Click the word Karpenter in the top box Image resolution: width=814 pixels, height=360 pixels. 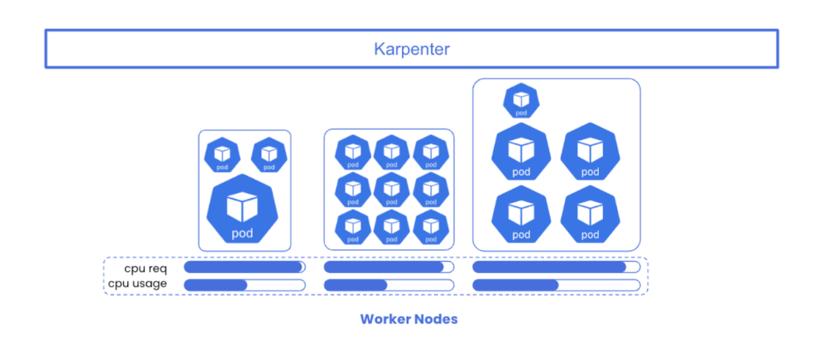click(x=411, y=49)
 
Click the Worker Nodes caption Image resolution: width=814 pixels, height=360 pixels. click(x=408, y=319)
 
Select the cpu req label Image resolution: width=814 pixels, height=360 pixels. click(x=145, y=268)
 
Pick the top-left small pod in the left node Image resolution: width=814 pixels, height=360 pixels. click(x=222, y=155)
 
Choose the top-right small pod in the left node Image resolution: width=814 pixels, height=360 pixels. click(x=269, y=155)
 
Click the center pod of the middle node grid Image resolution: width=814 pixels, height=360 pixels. click(x=392, y=190)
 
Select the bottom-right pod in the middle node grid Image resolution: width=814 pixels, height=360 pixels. click(x=430, y=228)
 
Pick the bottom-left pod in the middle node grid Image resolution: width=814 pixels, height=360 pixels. click(x=353, y=228)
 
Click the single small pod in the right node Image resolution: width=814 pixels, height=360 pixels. click(x=520, y=101)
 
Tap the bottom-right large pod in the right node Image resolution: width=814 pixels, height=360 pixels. click(x=590, y=215)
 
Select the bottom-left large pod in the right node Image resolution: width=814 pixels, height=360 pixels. click(x=520, y=215)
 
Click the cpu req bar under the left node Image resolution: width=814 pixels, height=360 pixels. click(x=244, y=267)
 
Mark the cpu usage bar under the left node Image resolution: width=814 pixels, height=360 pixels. click(x=244, y=285)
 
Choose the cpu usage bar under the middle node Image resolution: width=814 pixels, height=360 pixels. click(x=389, y=285)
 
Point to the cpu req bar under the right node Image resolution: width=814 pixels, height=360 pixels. click(x=556, y=267)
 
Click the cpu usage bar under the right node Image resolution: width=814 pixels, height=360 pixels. click(x=556, y=285)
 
